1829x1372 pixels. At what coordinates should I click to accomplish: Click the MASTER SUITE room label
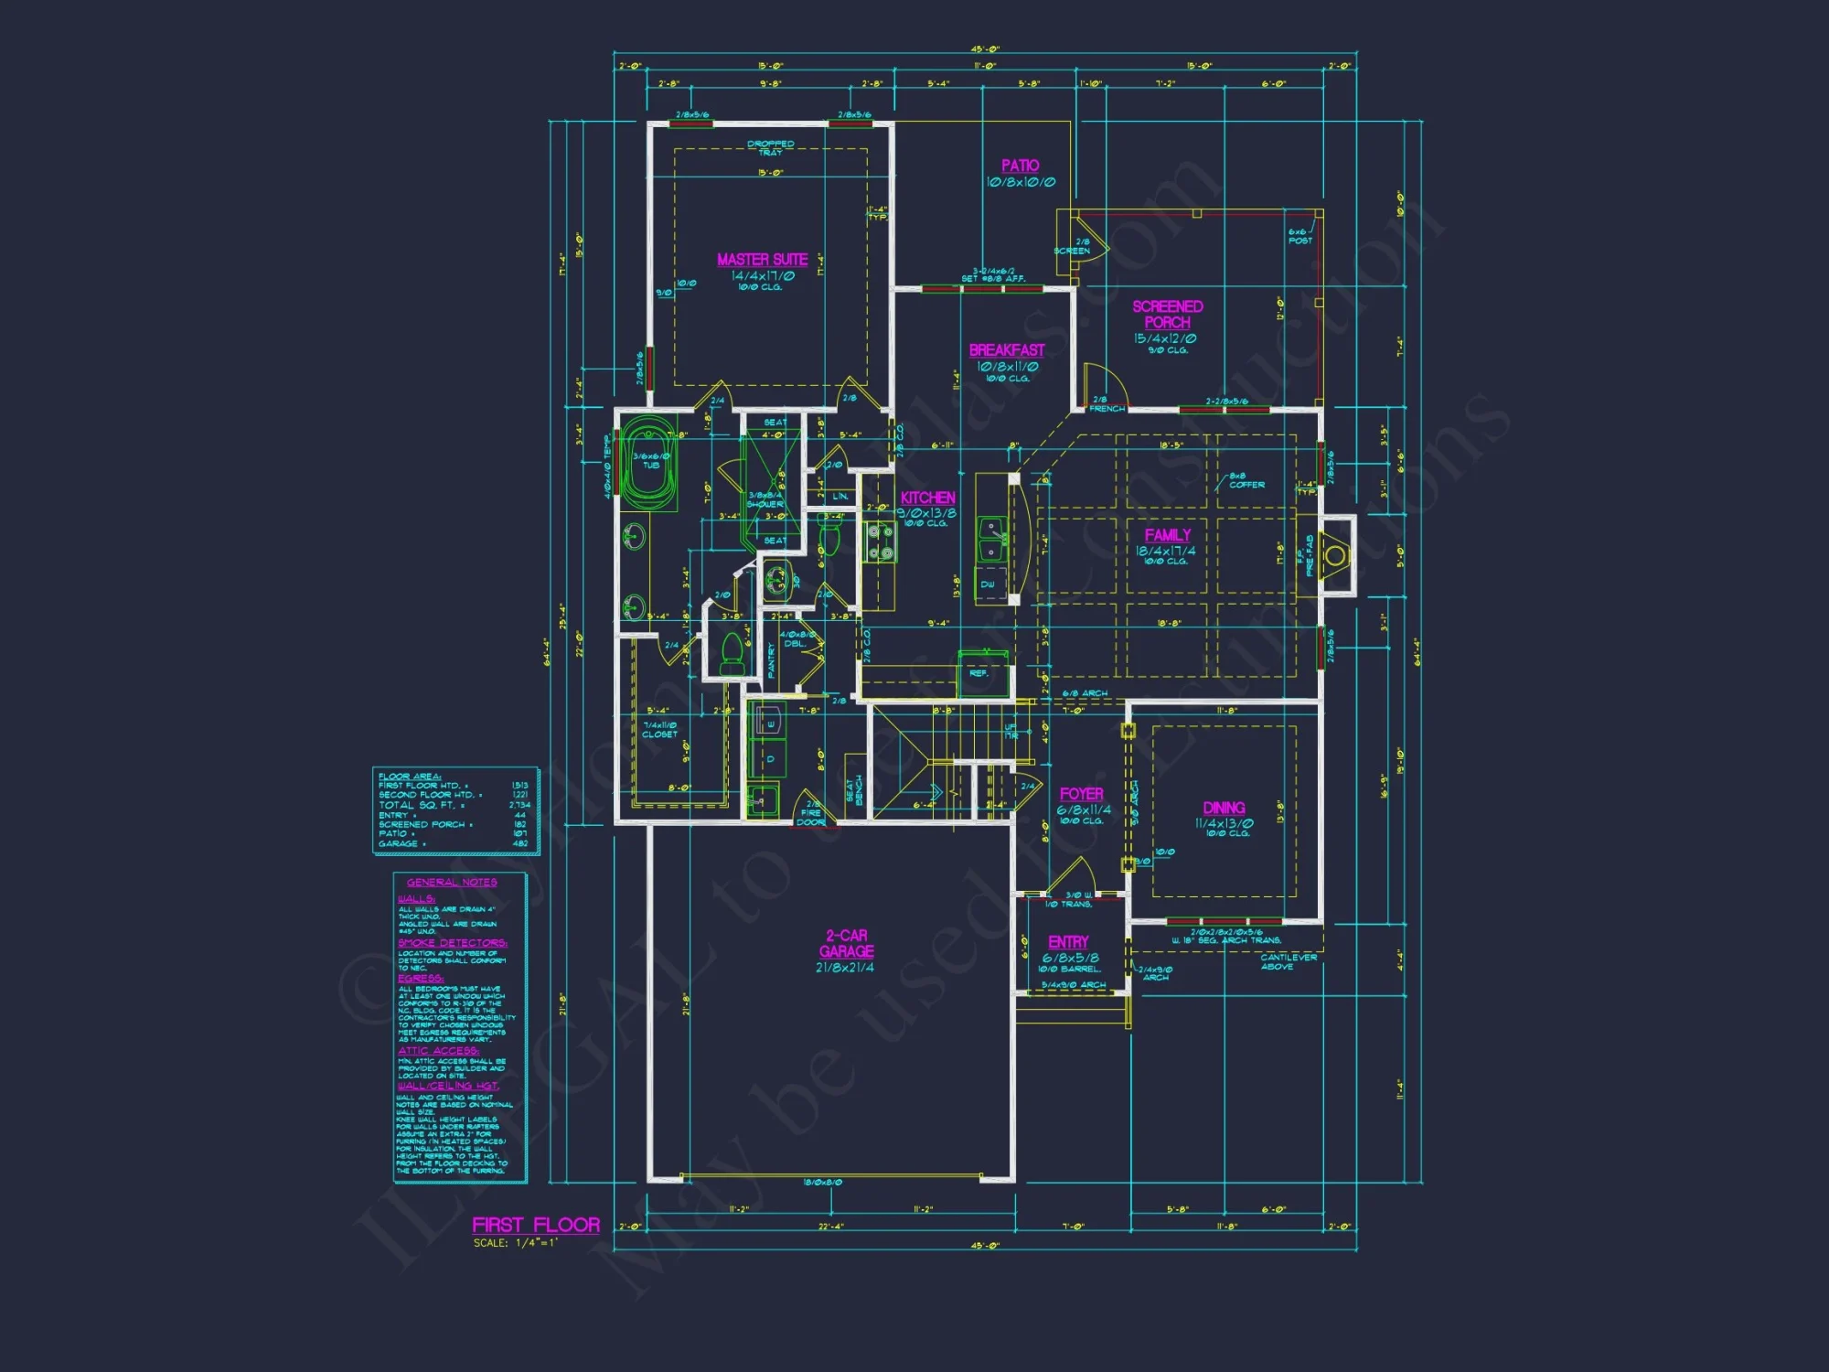pyautogui.click(x=762, y=260)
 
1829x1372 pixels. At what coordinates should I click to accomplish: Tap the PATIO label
pyautogui.click(x=1020, y=166)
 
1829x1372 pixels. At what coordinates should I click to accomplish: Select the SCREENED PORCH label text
pyautogui.click(x=1167, y=315)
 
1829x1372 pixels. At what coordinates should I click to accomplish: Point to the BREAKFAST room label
pyautogui.click(x=1006, y=350)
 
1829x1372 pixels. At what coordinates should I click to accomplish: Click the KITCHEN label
pyautogui.click(x=927, y=498)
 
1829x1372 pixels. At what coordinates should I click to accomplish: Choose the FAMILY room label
pyautogui.click(x=1168, y=535)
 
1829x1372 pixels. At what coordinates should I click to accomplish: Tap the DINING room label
pyautogui.click(x=1224, y=808)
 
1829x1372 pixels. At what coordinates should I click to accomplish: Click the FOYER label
pyautogui.click(x=1081, y=794)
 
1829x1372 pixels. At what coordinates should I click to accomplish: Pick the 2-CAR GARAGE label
pyautogui.click(x=846, y=943)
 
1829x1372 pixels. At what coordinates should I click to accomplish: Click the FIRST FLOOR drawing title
pyautogui.click(x=536, y=1225)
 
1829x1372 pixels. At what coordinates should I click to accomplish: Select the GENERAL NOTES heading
pyautogui.click(x=452, y=883)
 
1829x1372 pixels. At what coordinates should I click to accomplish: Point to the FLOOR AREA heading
pyautogui.click(x=409, y=777)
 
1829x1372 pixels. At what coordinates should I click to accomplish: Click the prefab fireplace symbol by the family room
pyautogui.click(x=1335, y=555)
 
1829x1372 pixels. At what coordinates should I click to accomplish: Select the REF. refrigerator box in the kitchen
pyautogui.click(x=979, y=674)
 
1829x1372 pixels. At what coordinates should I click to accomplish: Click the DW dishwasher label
pyautogui.click(x=988, y=584)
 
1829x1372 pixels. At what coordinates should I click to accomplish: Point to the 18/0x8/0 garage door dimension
pyautogui.click(x=822, y=1183)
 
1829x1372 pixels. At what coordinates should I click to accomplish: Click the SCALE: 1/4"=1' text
pyautogui.click(x=515, y=1243)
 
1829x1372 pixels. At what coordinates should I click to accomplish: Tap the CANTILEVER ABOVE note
pyautogui.click(x=1288, y=961)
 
